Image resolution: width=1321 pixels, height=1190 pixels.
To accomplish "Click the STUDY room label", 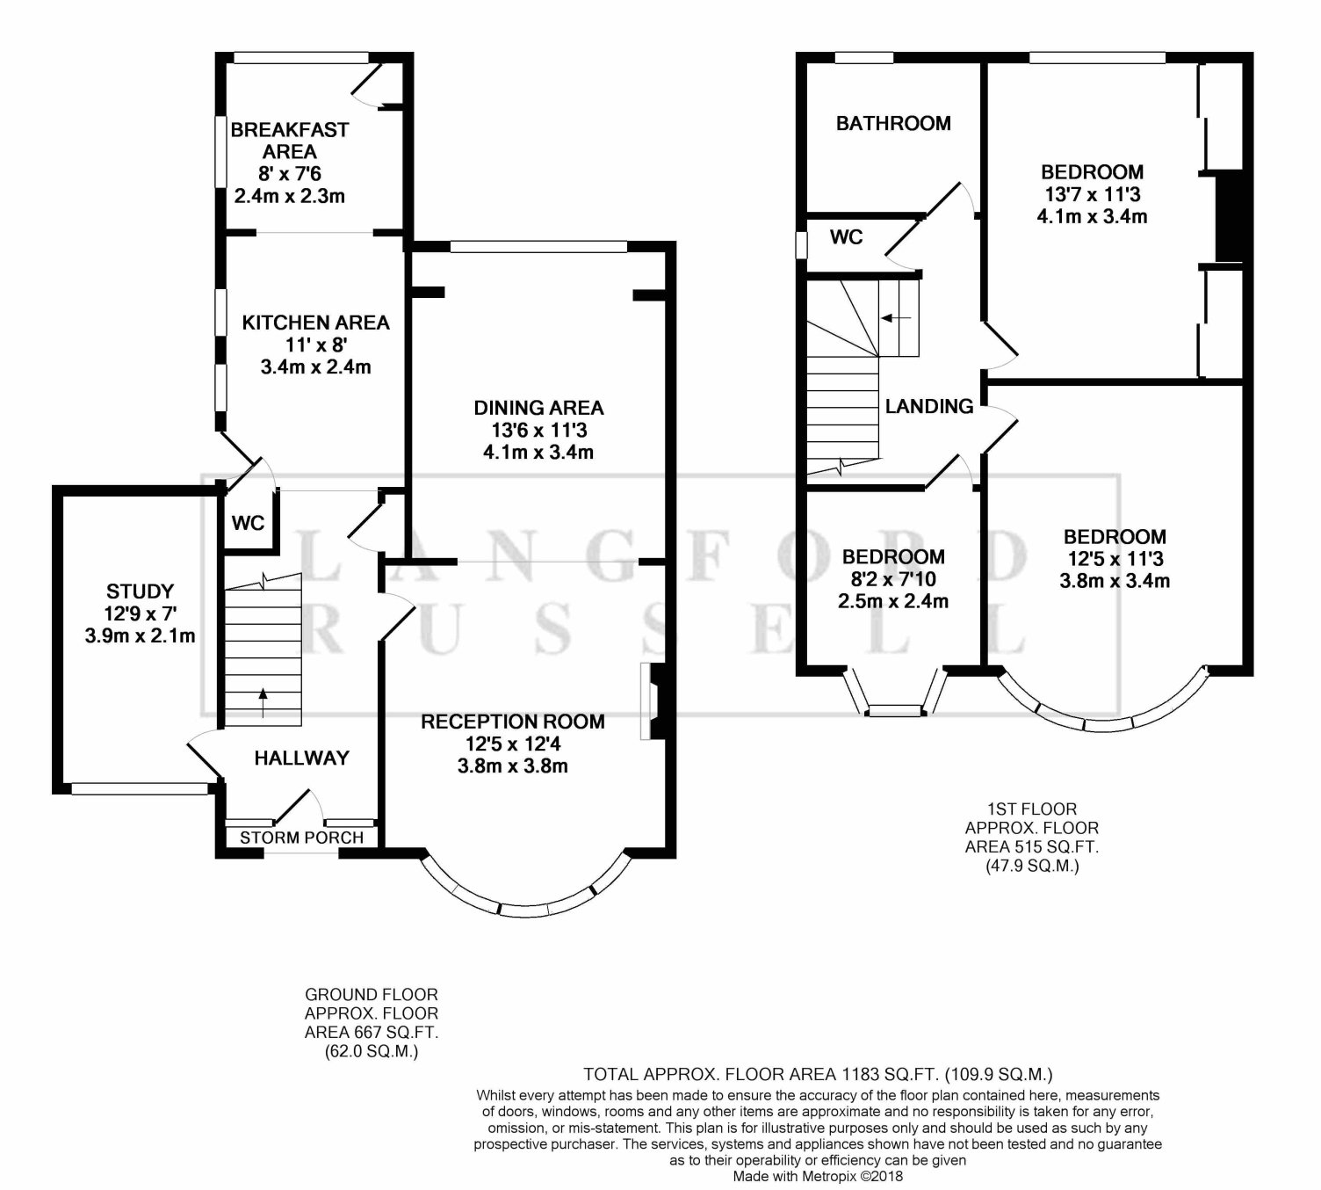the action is pyautogui.click(x=141, y=591).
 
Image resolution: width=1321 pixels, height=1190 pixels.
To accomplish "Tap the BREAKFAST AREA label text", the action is pyautogui.click(x=289, y=141).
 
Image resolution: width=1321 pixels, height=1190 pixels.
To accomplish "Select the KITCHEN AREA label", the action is pyautogui.click(x=316, y=323).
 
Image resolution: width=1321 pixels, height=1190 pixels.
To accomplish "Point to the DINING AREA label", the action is pyautogui.click(x=538, y=408).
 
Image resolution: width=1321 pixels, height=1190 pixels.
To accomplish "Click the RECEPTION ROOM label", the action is pyautogui.click(x=513, y=722).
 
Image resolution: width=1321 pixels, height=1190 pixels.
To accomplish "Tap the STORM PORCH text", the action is pyautogui.click(x=301, y=838).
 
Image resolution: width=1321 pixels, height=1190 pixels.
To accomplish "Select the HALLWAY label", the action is pyautogui.click(x=301, y=758).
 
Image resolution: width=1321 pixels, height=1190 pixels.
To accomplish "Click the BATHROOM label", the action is pyautogui.click(x=893, y=123).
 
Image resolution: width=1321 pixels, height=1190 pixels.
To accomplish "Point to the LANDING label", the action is pyautogui.click(x=929, y=406).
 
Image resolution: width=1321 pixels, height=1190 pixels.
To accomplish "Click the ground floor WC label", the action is pyautogui.click(x=249, y=523).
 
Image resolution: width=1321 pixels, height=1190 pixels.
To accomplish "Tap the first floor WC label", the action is pyautogui.click(x=846, y=237).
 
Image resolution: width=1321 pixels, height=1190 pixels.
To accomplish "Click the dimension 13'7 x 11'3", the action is pyautogui.click(x=1093, y=194).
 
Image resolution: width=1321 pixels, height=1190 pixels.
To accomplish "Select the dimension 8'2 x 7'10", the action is pyautogui.click(x=893, y=579).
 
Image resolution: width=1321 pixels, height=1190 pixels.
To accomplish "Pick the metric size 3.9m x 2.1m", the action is pyautogui.click(x=141, y=635).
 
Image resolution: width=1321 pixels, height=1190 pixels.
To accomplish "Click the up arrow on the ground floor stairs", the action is pyautogui.click(x=263, y=702).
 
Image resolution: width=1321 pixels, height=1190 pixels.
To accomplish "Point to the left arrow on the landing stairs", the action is pyautogui.click(x=896, y=318).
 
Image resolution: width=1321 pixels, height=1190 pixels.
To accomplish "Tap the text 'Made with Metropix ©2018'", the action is pyautogui.click(x=818, y=1176).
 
